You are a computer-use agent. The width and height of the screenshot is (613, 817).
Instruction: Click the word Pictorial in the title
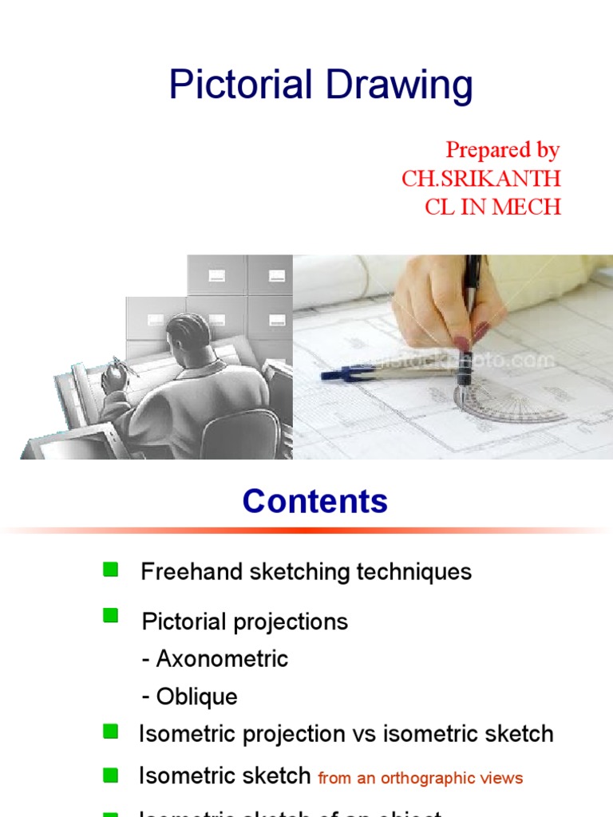click(232, 85)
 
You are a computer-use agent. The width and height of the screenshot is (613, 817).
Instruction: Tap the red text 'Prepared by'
click(502, 150)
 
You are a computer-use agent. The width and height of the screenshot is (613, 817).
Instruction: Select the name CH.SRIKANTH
click(481, 178)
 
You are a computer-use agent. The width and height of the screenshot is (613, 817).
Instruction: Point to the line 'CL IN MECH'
click(492, 207)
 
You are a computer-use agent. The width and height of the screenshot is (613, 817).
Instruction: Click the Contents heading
click(315, 501)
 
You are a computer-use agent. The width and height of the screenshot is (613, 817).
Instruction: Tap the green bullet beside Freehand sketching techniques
click(111, 569)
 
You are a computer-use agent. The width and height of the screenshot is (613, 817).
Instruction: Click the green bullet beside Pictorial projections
click(111, 615)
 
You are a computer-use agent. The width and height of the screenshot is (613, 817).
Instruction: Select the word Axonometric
click(222, 659)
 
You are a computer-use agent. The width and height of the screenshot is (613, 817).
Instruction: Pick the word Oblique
click(197, 697)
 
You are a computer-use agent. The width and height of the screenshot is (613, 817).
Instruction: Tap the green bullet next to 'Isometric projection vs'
click(111, 731)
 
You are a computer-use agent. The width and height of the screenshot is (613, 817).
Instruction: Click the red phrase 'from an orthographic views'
click(421, 778)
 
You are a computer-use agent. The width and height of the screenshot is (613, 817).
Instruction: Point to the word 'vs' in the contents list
click(366, 734)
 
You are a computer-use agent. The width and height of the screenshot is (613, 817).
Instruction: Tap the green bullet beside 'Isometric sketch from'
click(111, 775)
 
